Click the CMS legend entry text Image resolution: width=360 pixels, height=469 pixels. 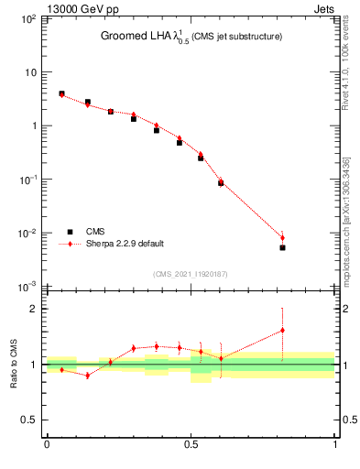[x=95, y=232]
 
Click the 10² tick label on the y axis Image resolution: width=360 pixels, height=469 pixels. [x=29, y=19]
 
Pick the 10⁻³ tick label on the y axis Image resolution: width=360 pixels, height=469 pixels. [x=29, y=288]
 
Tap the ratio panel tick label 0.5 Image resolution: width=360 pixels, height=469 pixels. [x=29, y=420]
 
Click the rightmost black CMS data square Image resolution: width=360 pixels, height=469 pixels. [x=282, y=247]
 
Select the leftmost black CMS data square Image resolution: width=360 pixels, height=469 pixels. [x=61, y=93]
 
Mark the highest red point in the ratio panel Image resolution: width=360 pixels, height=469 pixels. [x=282, y=330]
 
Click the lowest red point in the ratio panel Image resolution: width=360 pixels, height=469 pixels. [x=87, y=375]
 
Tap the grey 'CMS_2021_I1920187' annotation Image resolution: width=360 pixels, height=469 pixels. [x=190, y=274]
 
